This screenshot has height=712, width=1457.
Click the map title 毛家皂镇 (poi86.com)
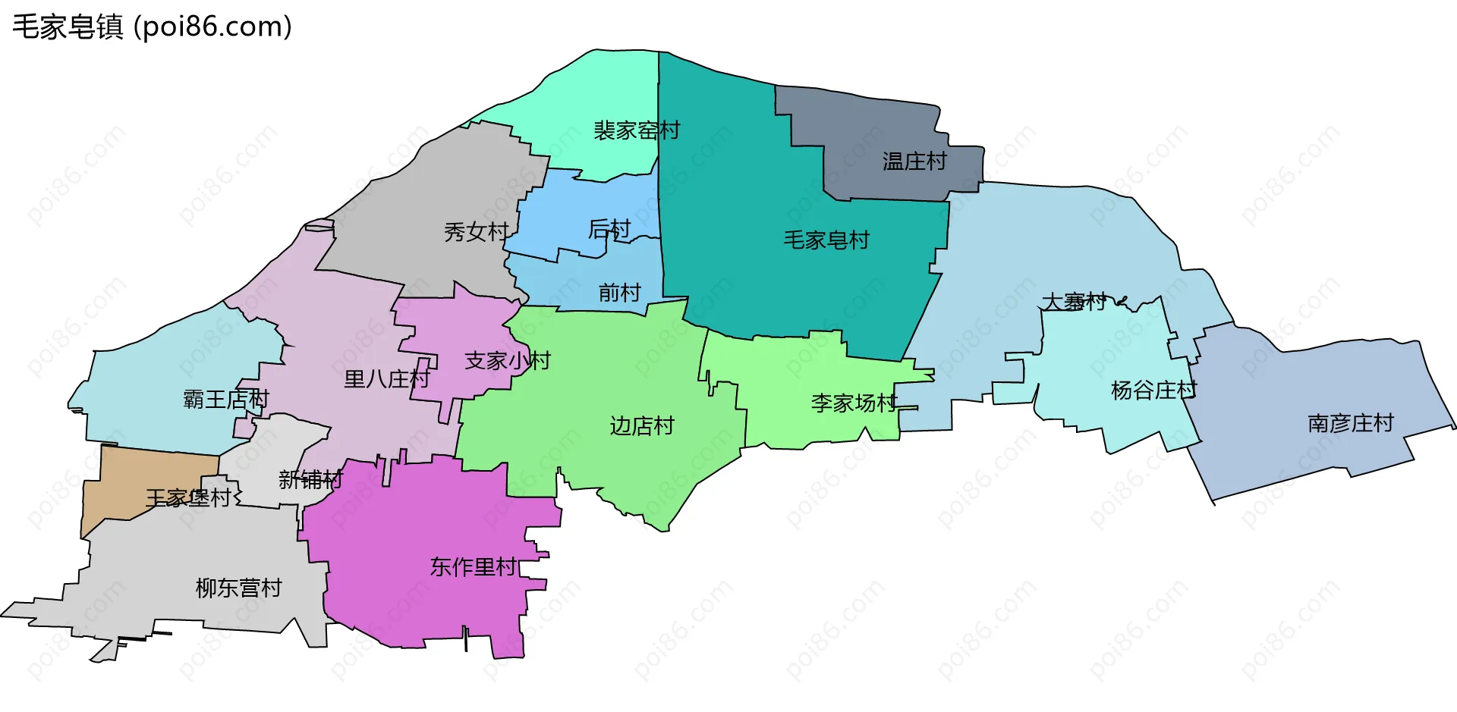point(152,27)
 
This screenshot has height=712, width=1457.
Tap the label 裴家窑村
point(636,130)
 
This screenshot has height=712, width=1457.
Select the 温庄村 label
point(914,162)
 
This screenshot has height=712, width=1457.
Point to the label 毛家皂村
point(826,240)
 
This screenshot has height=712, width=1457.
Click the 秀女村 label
point(476,232)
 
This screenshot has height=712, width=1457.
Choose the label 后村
point(609,229)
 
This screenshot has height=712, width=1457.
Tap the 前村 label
point(619,293)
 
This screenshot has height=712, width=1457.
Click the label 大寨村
point(1075,302)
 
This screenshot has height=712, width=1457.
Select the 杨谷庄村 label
point(1153,391)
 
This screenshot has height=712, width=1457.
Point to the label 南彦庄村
point(1351,423)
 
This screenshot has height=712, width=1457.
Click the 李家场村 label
point(854,403)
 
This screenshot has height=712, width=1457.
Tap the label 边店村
point(642,426)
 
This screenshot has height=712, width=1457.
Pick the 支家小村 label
point(507,361)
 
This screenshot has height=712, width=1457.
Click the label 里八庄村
point(386,379)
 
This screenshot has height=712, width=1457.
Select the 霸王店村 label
point(226,399)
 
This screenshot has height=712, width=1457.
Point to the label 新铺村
point(310,479)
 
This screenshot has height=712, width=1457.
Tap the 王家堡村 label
point(188,498)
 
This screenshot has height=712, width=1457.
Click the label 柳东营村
point(238,588)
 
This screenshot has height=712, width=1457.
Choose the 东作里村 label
point(473,567)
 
